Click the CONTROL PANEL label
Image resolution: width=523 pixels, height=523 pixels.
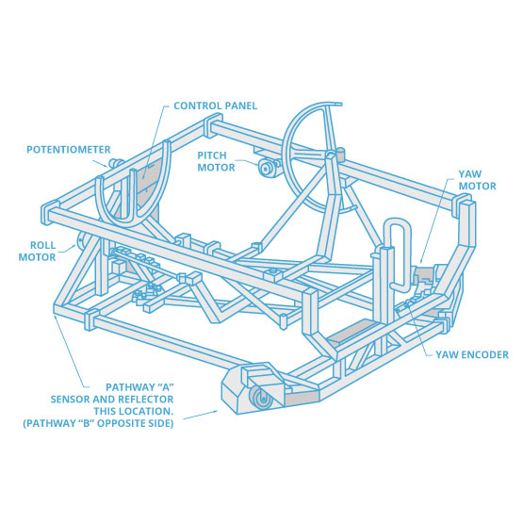click(216, 106)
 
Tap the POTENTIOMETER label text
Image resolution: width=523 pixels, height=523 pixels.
click(69, 150)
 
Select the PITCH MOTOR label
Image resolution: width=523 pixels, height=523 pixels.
click(216, 161)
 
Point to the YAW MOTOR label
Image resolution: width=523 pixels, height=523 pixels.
click(478, 180)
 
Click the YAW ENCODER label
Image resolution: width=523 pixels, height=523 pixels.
click(472, 354)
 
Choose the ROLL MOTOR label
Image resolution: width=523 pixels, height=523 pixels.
click(37, 252)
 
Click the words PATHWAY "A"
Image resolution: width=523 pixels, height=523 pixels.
click(139, 387)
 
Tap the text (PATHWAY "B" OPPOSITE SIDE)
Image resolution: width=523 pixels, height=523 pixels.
click(98, 423)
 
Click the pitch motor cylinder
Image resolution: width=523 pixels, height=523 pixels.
click(267, 169)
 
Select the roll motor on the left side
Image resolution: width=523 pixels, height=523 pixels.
click(83, 241)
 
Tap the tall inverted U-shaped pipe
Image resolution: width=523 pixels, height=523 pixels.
click(397, 253)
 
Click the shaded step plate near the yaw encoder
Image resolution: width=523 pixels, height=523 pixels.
click(353, 331)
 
